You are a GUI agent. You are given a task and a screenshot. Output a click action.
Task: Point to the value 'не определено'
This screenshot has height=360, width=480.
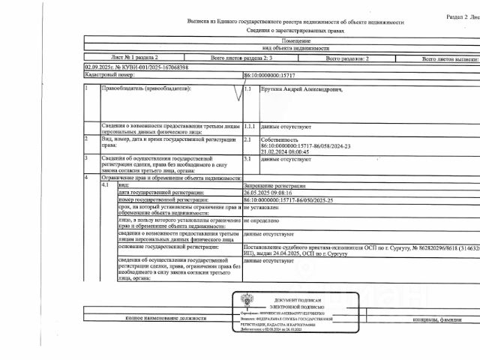pyautogui.click(x=262, y=222)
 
